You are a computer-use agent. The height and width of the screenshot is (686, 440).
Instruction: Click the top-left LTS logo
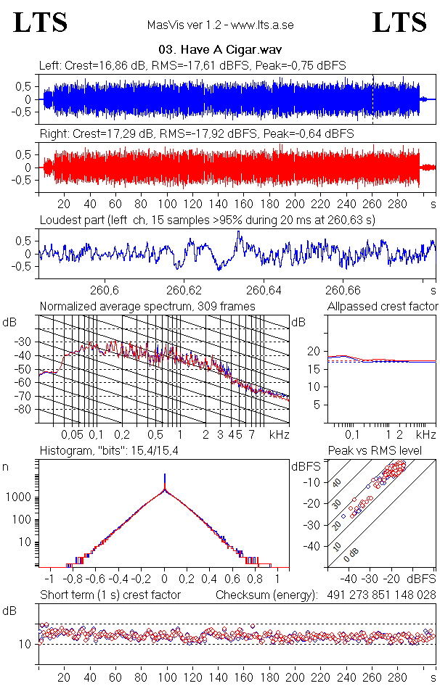(41, 22)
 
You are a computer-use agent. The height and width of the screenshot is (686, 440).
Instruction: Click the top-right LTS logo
(399, 22)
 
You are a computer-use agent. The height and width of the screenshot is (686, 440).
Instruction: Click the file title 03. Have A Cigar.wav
(220, 50)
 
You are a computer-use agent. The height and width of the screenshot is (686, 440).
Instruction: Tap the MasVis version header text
(220, 25)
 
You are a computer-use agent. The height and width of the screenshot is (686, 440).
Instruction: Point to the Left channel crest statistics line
(192, 65)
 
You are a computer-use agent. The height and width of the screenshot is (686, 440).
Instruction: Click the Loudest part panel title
(206, 220)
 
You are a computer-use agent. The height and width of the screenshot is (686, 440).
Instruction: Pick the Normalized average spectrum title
(147, 307)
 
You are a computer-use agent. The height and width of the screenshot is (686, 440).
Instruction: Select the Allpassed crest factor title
(383, 307)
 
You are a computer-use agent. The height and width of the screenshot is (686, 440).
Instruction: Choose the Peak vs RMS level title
(375, 451)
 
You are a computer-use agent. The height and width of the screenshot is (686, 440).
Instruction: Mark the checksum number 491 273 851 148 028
(376, 595)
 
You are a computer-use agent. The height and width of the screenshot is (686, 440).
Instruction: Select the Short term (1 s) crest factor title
(110, 595)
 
